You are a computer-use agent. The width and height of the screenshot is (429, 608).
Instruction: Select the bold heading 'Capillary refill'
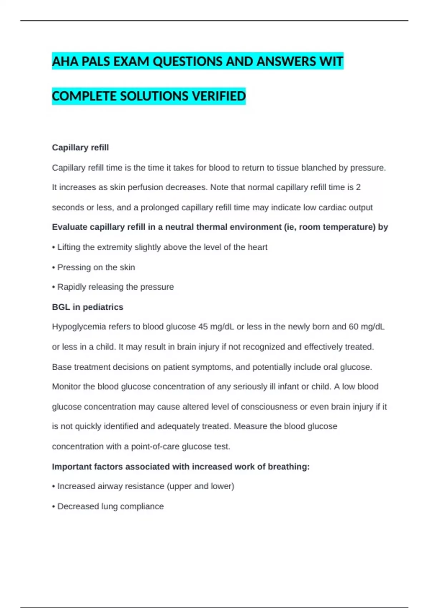pos(80,148)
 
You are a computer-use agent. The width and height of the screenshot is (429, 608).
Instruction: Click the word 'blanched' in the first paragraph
pos(319,168)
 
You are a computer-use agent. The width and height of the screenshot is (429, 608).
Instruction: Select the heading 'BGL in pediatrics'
pos(88,307)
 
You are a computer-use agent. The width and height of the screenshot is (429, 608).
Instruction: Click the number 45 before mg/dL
pos(203,327)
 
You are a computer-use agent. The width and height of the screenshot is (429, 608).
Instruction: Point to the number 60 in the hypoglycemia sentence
pos(354,327)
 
